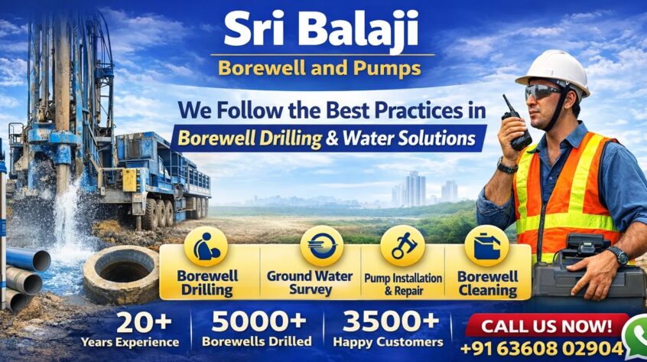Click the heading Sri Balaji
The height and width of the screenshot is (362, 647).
point(321,29)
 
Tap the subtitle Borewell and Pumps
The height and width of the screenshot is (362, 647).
point(320,68)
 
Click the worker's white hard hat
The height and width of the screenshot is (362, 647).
point(554,71)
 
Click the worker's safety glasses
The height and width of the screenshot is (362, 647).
point(541,92)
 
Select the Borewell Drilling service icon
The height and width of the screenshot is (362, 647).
point(206,246)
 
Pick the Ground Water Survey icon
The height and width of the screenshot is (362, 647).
point(321,246)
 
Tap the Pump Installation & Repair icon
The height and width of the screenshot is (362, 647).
point(402,246)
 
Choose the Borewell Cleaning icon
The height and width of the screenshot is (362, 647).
point(487,246)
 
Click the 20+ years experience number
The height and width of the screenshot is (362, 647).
point(144,322)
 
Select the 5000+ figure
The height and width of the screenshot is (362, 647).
point(259,321)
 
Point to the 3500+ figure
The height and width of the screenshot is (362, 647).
point(391,321)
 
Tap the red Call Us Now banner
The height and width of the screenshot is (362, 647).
point(546,326)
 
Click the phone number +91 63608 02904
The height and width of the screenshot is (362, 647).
point(541,349)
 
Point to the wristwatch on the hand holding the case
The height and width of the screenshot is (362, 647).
point(619,255)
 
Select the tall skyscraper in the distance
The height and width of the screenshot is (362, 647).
point(415,189)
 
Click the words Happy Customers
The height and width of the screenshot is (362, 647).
point(388,342)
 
